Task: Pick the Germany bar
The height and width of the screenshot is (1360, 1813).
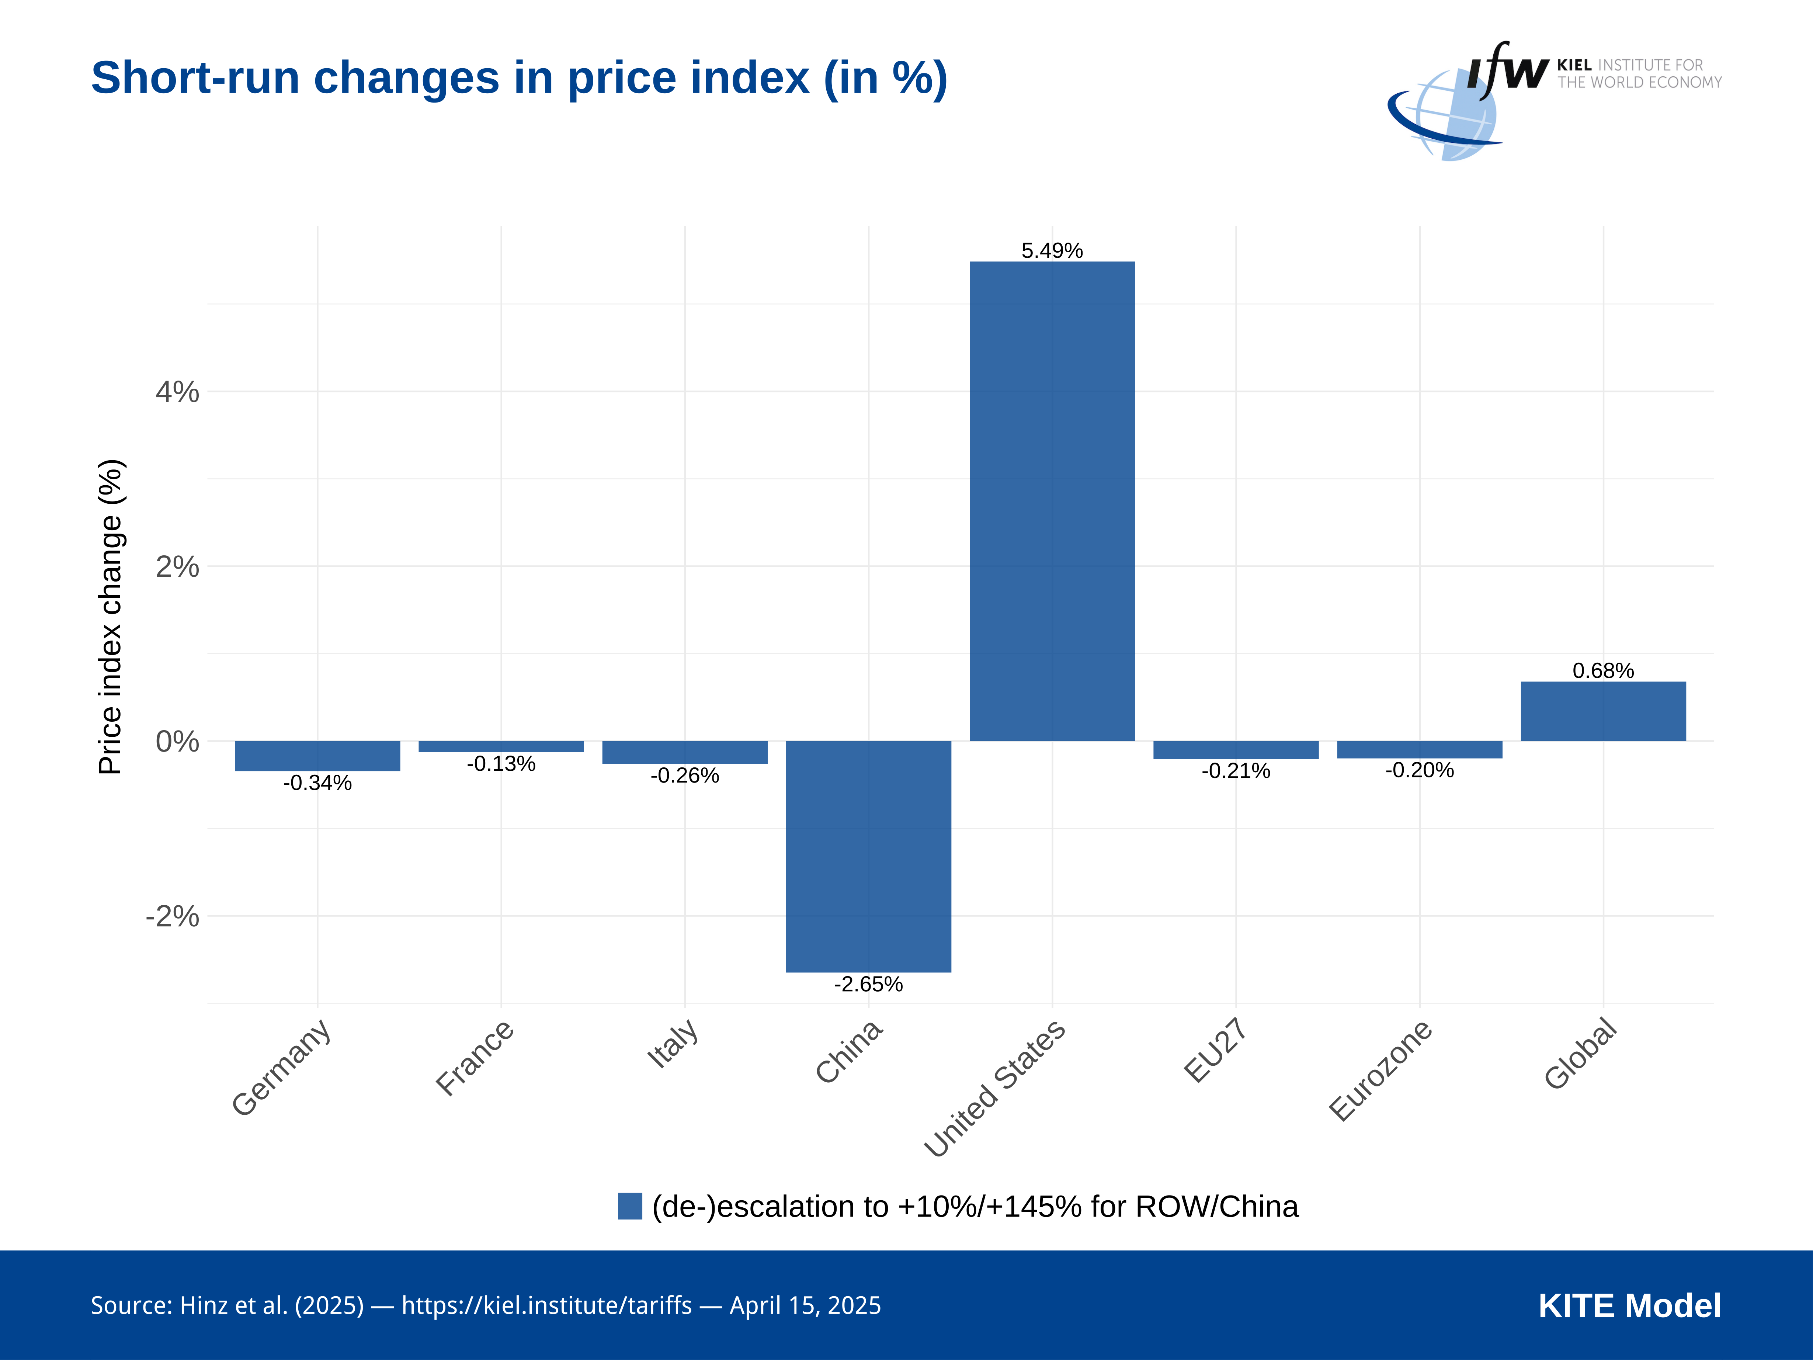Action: [317, 755]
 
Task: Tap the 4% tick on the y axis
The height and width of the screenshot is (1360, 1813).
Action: [177, 392]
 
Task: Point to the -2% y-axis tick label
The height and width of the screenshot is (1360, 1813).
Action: [172, 916]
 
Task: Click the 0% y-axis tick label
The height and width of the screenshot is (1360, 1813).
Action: [177, 741]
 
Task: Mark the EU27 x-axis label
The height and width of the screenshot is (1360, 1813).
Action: [1216, 1050]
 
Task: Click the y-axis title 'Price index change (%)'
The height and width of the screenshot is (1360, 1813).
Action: [111, 617]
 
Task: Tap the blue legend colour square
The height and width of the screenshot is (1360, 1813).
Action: [629, 1206]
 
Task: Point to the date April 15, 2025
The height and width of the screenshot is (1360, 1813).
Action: [805, 1305]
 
